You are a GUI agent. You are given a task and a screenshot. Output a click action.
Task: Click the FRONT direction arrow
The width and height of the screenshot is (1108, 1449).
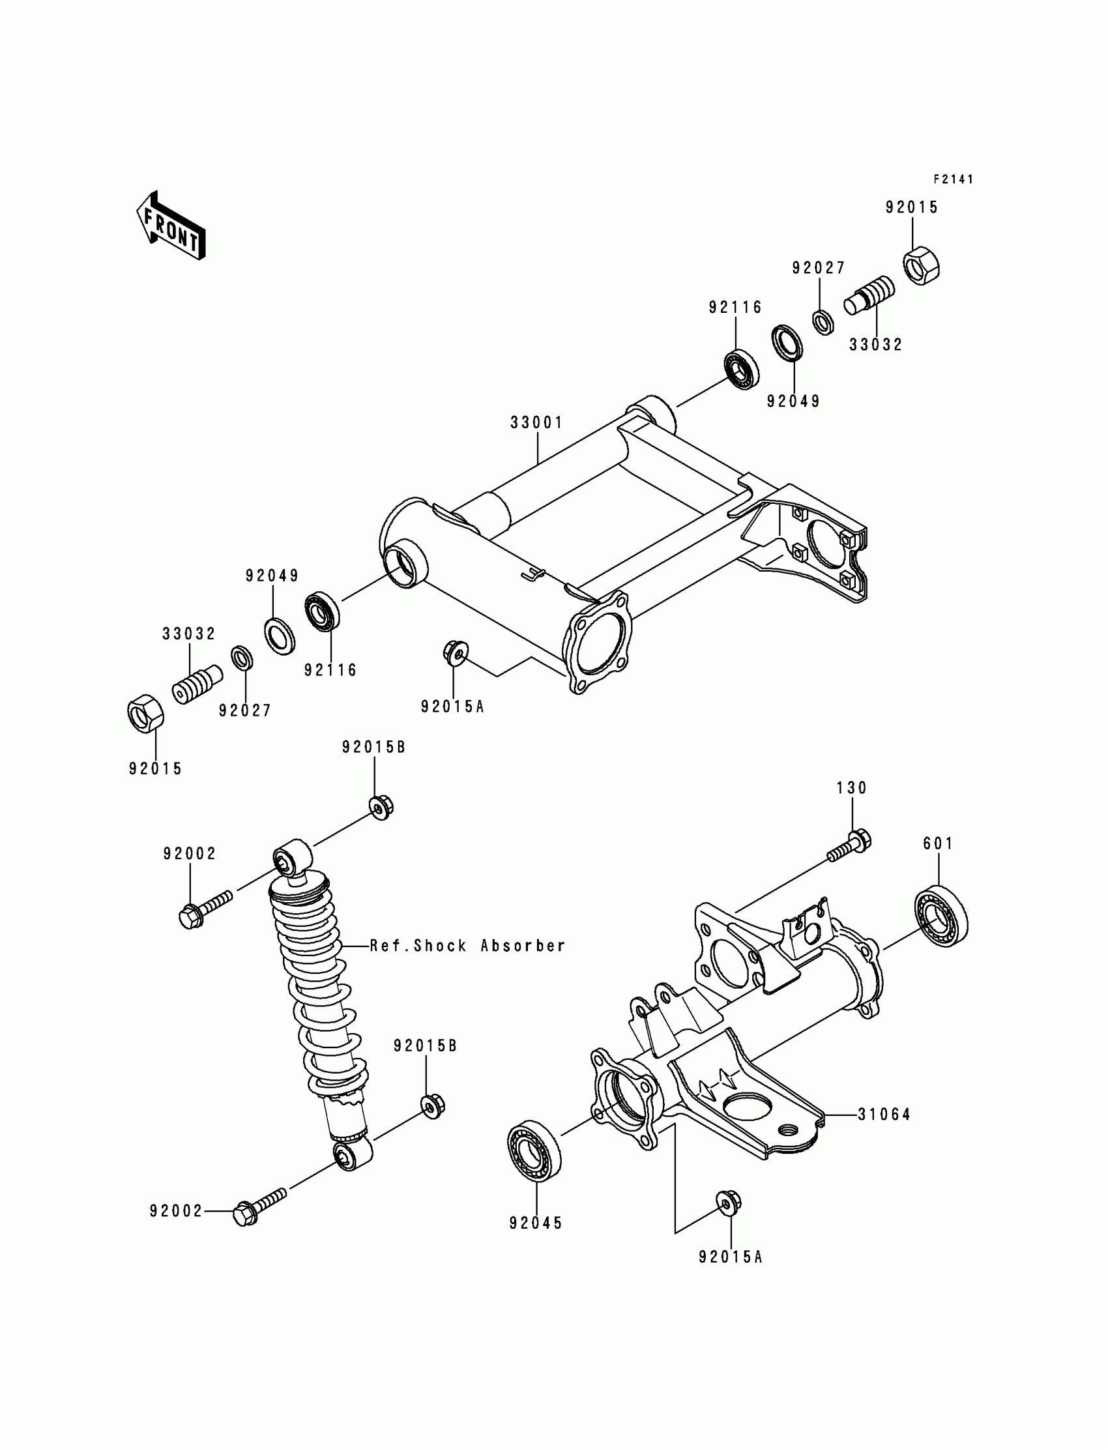coord(171,226)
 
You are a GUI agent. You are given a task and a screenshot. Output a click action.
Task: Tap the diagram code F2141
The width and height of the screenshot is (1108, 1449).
coord(953,179)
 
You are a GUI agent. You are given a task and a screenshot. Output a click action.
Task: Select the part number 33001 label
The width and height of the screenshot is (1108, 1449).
coord(537,423)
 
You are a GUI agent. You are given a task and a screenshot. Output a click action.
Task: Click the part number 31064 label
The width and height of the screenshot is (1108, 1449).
coord(884,1115)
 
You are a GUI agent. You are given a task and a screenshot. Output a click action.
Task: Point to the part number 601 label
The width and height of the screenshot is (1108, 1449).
coord(938,843)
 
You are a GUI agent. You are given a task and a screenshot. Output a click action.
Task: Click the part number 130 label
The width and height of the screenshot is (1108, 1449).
coord(851,787)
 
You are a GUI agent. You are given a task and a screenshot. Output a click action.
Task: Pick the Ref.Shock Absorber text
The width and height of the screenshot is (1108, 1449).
coord(467,946)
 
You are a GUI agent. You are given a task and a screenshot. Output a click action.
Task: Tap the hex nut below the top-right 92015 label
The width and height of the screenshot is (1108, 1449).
coord(921,265)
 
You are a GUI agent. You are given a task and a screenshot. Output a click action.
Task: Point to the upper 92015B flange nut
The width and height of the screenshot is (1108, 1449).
coord(381,807)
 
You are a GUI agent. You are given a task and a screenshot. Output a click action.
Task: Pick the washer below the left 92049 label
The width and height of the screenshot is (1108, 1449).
coord(280,635)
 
